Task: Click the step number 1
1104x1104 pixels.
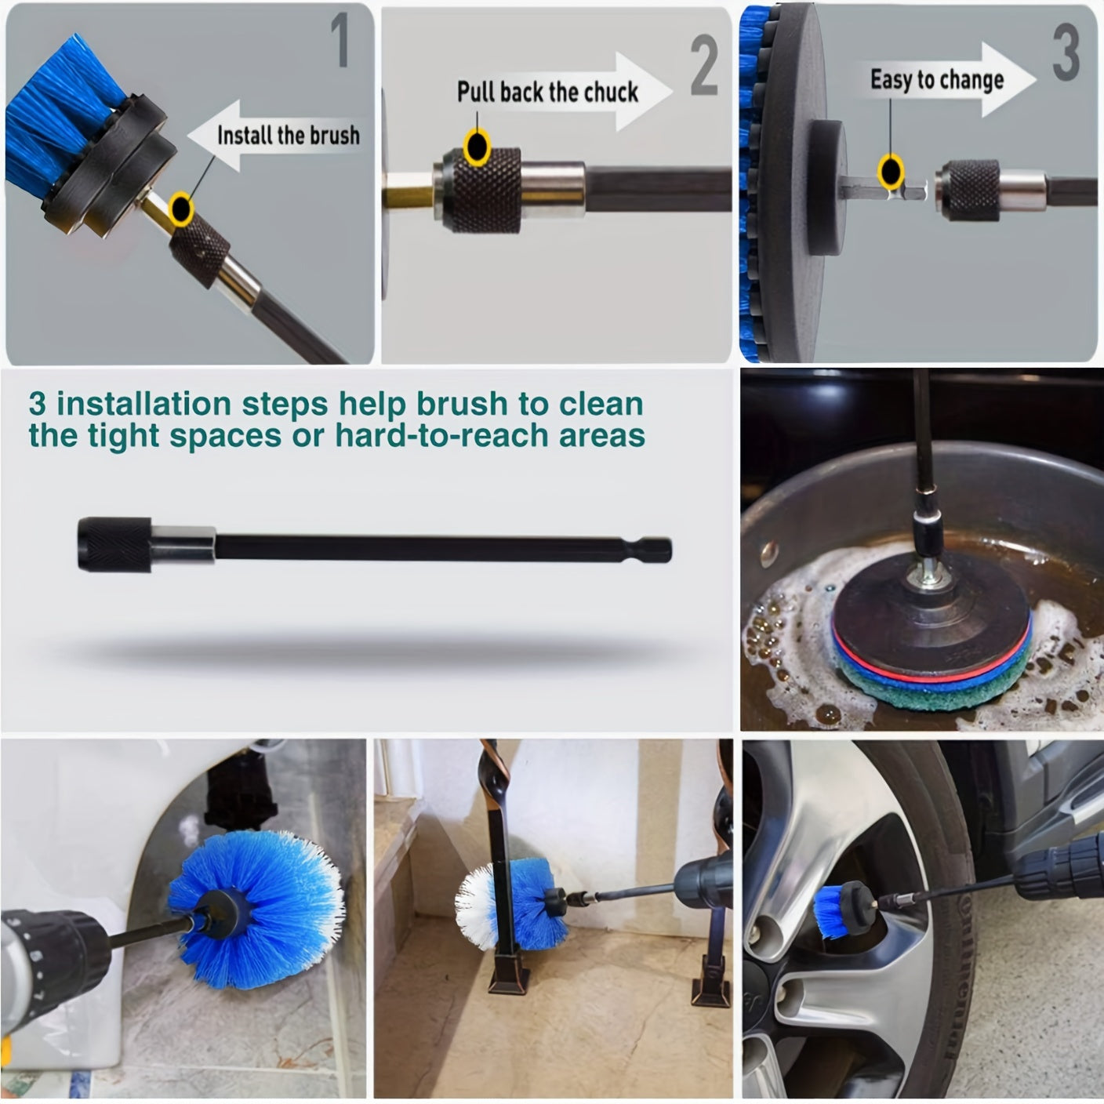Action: [340, 40]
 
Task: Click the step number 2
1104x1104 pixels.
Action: [704, 65]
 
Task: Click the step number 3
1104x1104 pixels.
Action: [1066, 53]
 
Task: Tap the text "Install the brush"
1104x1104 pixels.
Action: [289, 135]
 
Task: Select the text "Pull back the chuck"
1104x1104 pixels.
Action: [547, 92]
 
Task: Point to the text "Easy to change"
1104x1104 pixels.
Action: [937, 80]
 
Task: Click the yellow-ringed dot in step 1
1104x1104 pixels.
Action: [182, 207]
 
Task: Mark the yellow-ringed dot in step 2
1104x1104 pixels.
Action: [477, 147]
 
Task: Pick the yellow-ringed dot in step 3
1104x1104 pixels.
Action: [890, 171]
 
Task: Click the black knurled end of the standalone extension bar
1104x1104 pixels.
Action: [114, 544]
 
